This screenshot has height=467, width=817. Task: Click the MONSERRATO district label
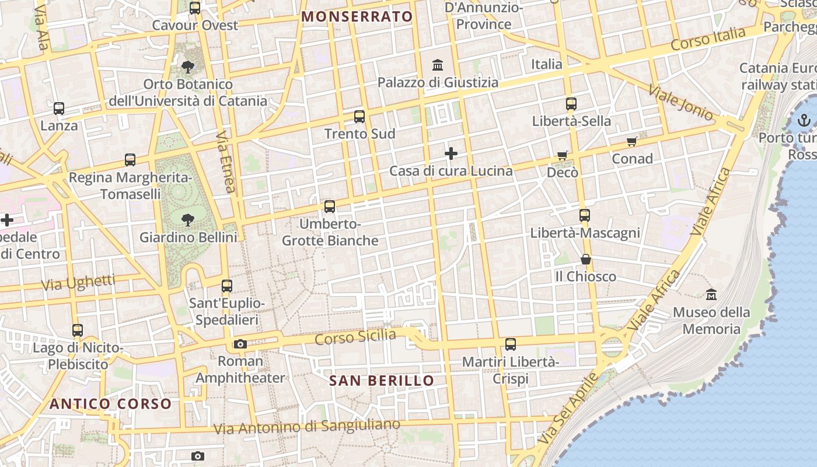357,16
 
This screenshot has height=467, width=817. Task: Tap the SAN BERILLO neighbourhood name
382,381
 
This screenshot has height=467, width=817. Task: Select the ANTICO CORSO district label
110,404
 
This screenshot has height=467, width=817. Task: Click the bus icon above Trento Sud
359,117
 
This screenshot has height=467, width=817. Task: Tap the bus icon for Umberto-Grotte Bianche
330,207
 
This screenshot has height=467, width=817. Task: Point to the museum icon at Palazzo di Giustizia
438,65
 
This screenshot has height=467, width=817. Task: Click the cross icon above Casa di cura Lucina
451,154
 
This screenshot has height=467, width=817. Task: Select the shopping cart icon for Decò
563,156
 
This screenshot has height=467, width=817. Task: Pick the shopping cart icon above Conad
631,142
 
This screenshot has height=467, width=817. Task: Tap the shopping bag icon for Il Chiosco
586,260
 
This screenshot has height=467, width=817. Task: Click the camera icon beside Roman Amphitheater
240,344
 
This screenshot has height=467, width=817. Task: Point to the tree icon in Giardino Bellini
188,220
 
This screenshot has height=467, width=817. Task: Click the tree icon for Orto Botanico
188,67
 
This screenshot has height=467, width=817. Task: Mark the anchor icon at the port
804,121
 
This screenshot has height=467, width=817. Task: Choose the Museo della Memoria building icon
711,295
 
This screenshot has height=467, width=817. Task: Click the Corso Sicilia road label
355,337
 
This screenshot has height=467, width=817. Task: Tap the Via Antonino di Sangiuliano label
307,427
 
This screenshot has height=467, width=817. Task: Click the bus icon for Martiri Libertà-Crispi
511,344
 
